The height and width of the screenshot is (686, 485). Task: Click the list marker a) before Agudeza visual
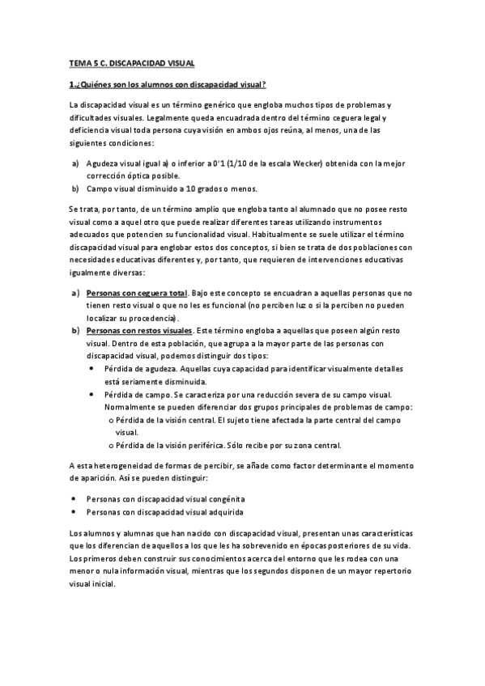tap(74, 163)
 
